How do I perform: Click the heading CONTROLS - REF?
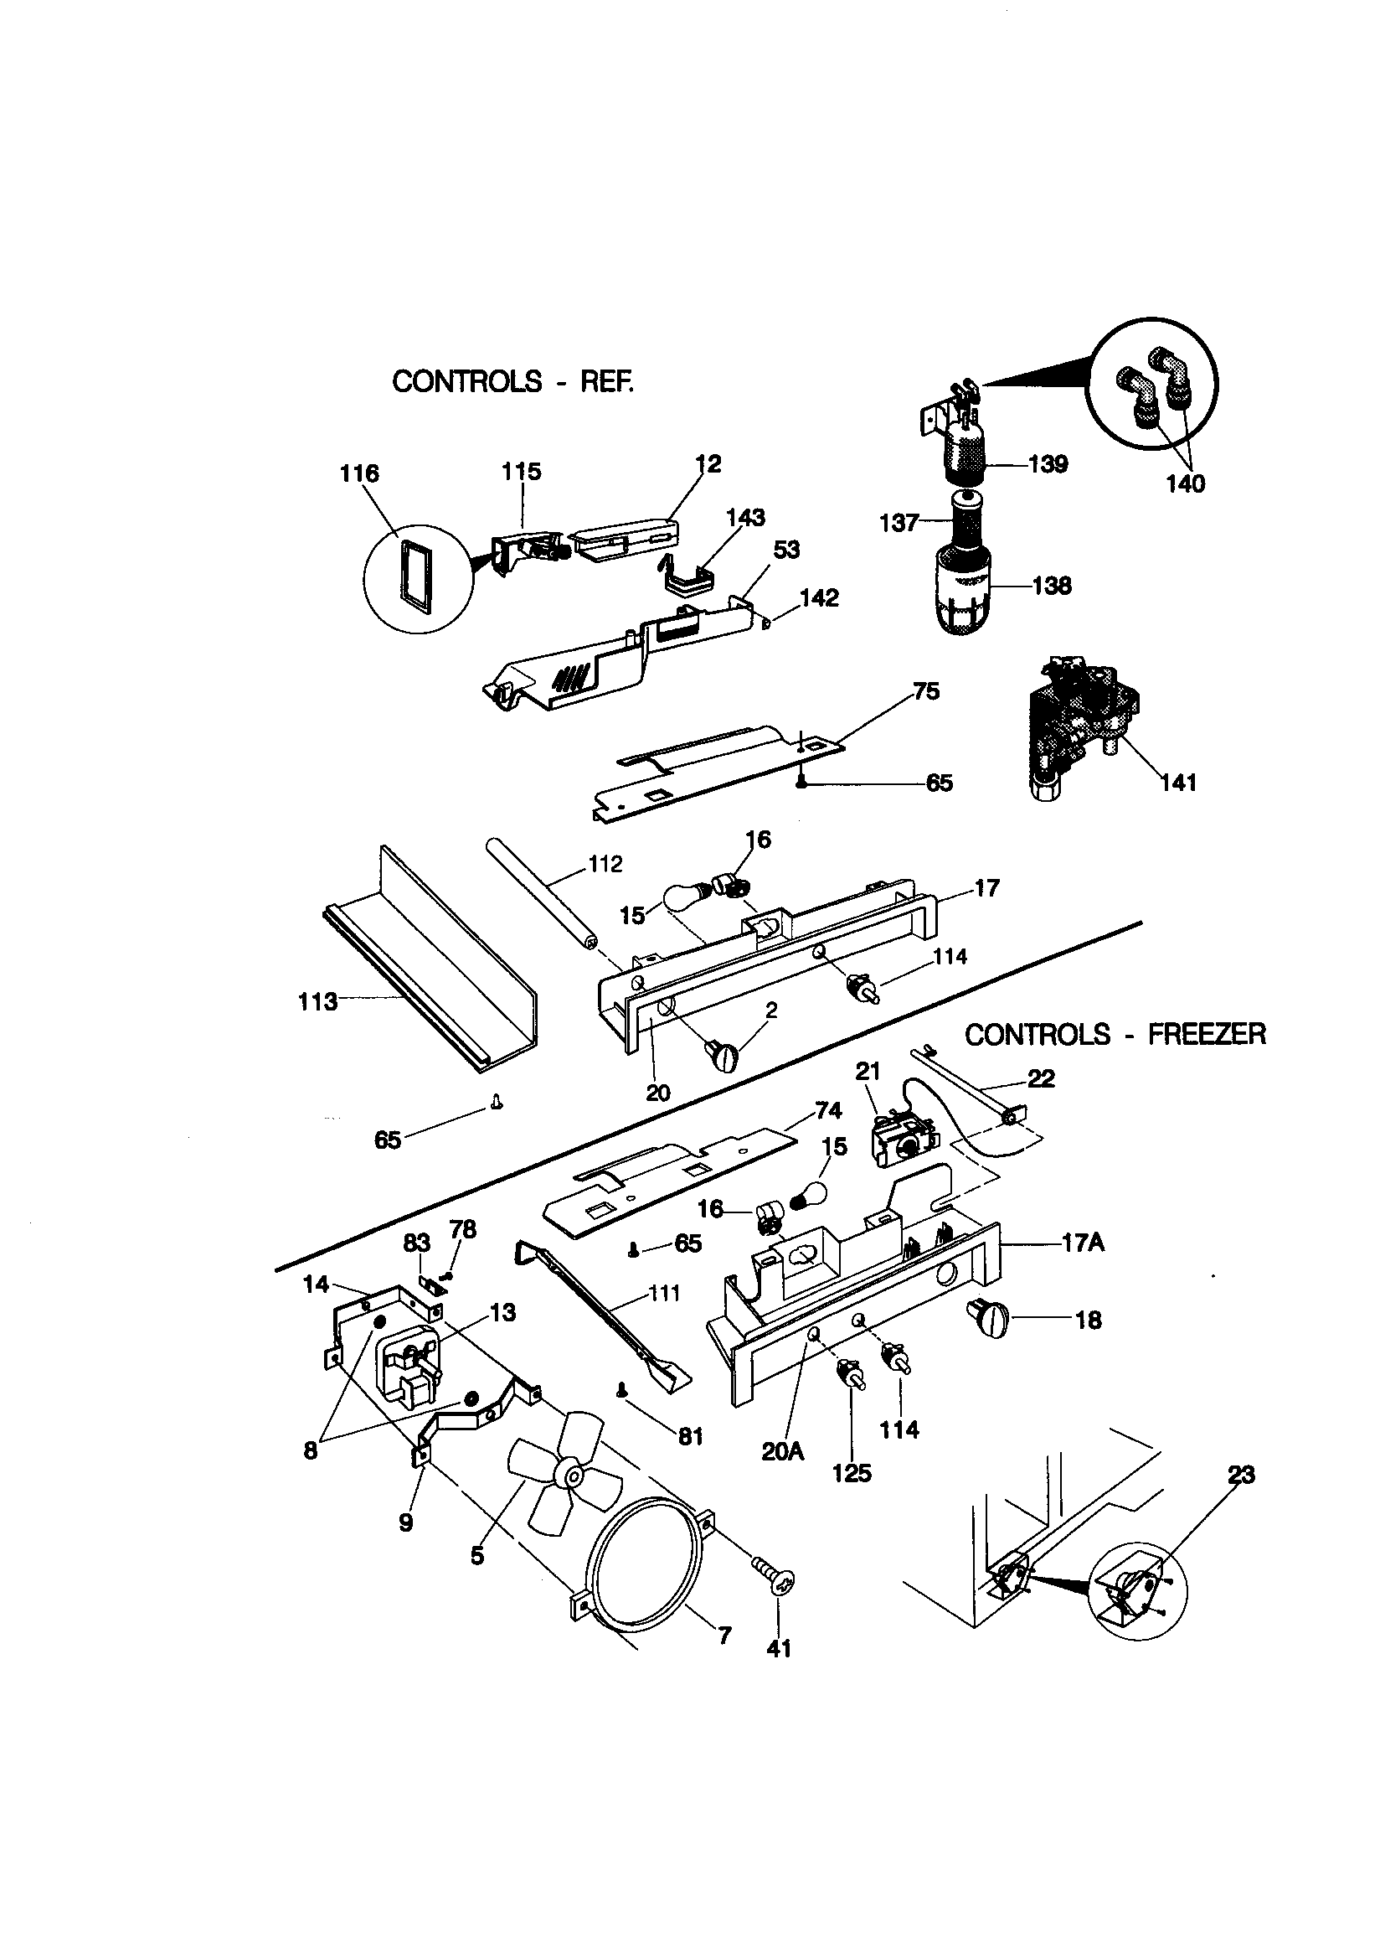[x=512, y=381]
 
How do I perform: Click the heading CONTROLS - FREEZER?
[x=1115, y=1034]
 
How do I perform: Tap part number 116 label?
[x=359, y=473]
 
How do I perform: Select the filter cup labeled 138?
[x=963, y=589]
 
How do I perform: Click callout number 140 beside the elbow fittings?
[x=1185, y=483]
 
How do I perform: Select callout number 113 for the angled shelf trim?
[x=318, y=1001]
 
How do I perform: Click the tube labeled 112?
[x=539, y=896]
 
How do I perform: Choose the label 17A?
[x=1083, y=1243]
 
